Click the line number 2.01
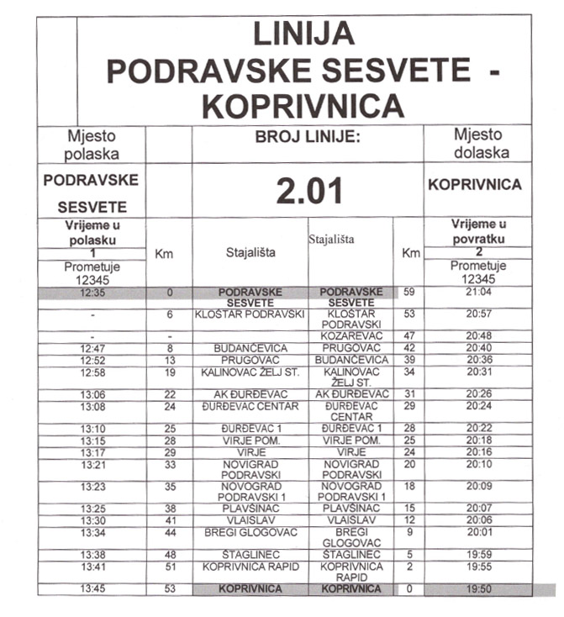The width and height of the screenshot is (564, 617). [309, 191]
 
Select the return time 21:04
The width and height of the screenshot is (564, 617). [477, 292]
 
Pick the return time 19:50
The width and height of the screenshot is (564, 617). [477, 588]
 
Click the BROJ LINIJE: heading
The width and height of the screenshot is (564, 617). [308, 136]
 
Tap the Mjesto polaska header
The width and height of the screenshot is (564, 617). [92, 143]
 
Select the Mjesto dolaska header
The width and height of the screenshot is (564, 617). [477, 143]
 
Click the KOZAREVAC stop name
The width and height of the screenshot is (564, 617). [351, 335]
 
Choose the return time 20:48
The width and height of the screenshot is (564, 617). [477, 335]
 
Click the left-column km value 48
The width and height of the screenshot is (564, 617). [170, 555]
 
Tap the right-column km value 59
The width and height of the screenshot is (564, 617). [409, 292]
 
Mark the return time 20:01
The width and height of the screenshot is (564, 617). [477, 531]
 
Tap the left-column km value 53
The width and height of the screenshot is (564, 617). [170, 588]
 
